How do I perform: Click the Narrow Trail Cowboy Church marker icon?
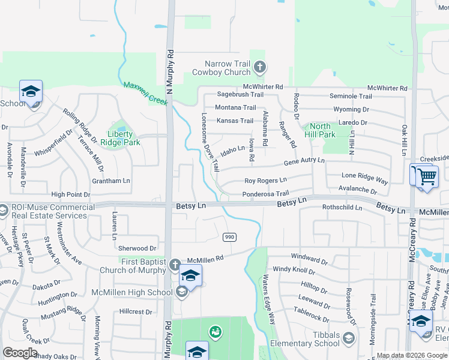tap(259, 67)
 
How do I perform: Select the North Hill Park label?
tap(319, 130)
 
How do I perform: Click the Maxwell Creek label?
tap(145, 93)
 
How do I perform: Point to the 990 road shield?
tap(229, 237)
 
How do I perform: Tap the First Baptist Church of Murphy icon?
tap(174, 264)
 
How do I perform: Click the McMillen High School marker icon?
tap(181, 292)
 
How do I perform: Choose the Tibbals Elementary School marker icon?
tap(348, 340)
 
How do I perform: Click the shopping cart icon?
tap(427, 177)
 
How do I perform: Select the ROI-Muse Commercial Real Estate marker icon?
tap(4, 211)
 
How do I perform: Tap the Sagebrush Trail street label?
tap(240, 95)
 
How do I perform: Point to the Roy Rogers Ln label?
tap(266, 181)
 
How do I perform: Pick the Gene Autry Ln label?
tap(304, 161)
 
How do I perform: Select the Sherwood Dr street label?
tap(137, 248)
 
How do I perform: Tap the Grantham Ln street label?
tap(110, 181)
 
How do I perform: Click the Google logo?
tap(20, 353)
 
